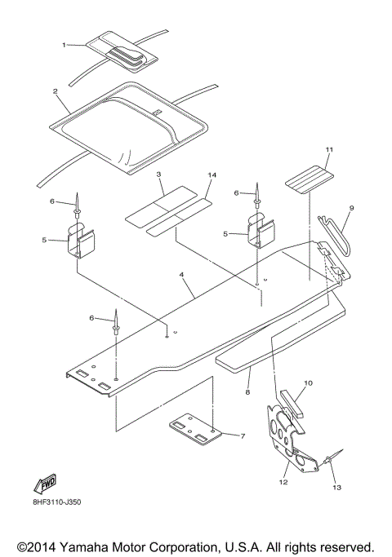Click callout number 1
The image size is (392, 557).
65,44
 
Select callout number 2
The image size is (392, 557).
55,91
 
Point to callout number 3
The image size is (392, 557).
160,175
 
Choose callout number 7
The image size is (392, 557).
243,436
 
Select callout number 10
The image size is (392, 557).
308,382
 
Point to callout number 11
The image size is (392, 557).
307,150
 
